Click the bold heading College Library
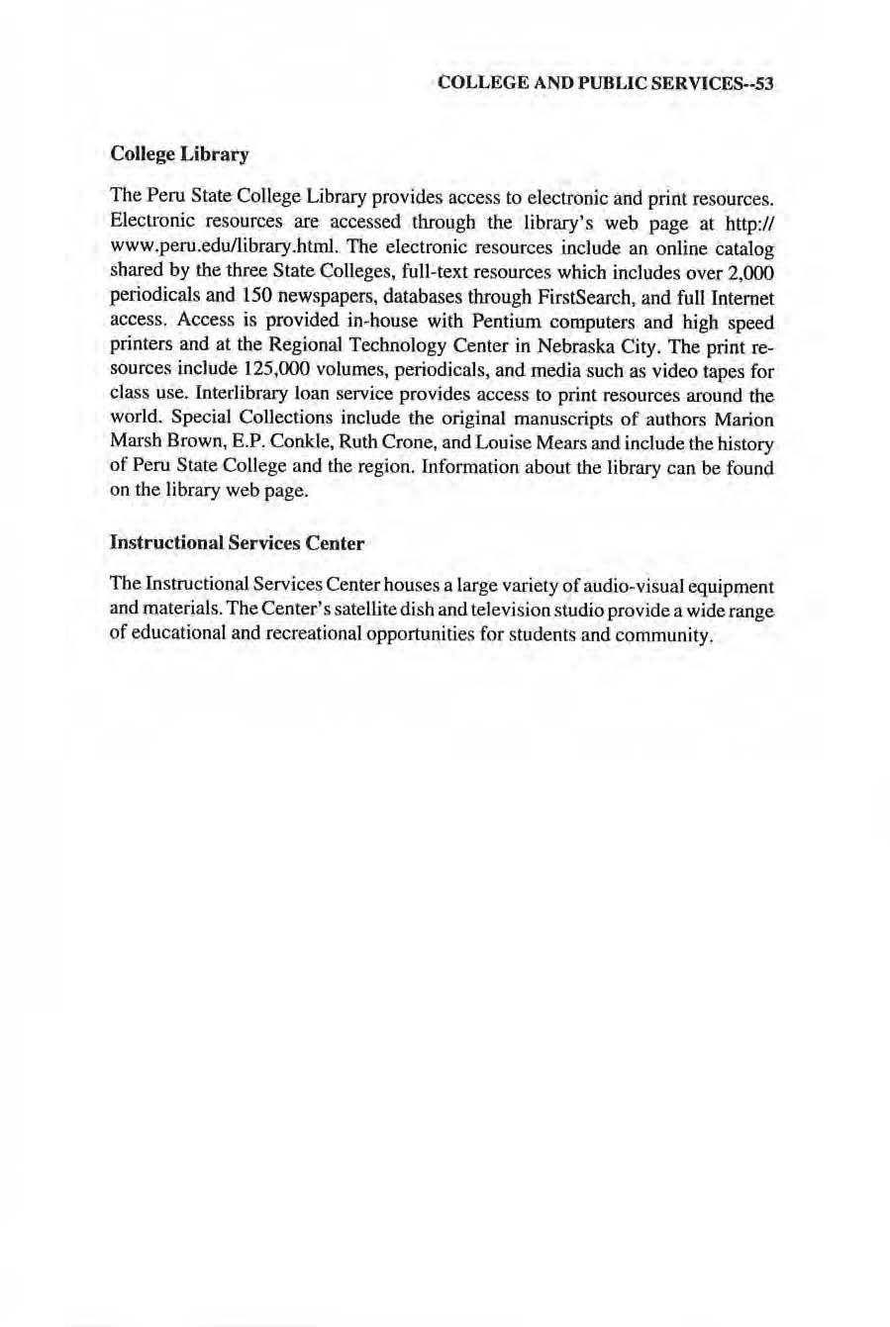[179, 155]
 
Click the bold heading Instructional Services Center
[237, 543]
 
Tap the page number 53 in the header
[761, 84]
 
